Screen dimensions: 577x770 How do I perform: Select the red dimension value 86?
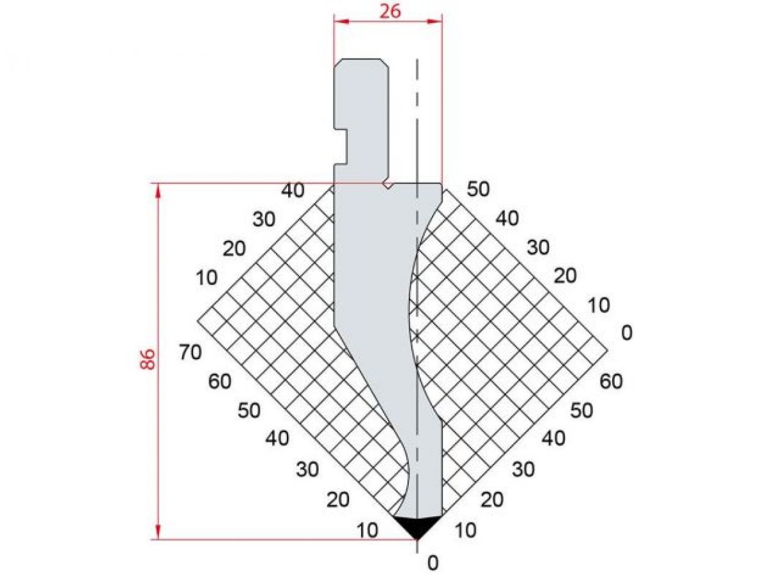pos(147,360)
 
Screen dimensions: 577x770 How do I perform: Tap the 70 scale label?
pos(191,352)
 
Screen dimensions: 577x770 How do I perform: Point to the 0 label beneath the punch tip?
pos(433,563)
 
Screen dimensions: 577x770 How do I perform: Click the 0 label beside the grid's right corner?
pos(626,332)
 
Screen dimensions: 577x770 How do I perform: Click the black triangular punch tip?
pos(417,527)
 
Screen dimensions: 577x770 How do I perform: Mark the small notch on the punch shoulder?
pos(388,184)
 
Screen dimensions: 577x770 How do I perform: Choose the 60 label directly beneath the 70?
pos(219,381)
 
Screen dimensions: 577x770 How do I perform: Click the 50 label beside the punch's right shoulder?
pos(478,189)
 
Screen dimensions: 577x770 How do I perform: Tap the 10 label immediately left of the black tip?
pos(368,530)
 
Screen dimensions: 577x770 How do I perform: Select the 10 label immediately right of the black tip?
pos(465,530)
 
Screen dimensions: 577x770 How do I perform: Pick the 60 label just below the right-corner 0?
pos(611,381)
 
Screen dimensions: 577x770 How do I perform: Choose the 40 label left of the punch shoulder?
pos(293,190)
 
